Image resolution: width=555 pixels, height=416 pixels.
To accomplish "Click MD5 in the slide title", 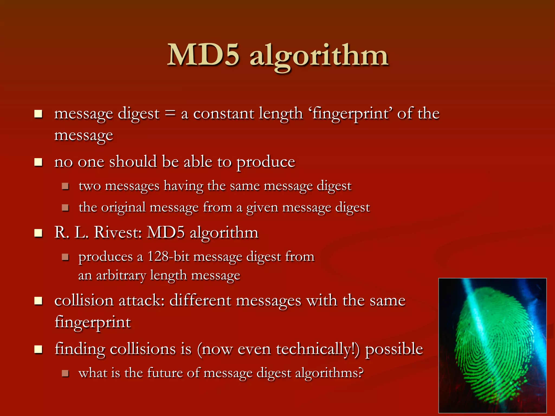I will coord(203,56).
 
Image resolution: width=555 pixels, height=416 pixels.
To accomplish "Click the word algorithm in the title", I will coord(319,57).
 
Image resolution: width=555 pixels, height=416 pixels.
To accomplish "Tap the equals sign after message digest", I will coord(170,113).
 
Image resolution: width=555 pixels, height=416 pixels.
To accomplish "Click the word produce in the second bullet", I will coord(266,162).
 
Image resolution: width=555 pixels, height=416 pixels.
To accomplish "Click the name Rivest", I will coord(118,232).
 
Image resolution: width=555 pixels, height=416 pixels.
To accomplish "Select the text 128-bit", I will coord(168,256).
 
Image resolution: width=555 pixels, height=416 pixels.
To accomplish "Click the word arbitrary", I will coord(121,275).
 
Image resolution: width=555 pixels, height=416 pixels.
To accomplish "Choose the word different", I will coord(200,301).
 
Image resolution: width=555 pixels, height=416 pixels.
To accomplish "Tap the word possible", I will coord(394,349).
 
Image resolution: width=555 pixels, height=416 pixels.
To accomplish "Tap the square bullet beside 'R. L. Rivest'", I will coord(38,233).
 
